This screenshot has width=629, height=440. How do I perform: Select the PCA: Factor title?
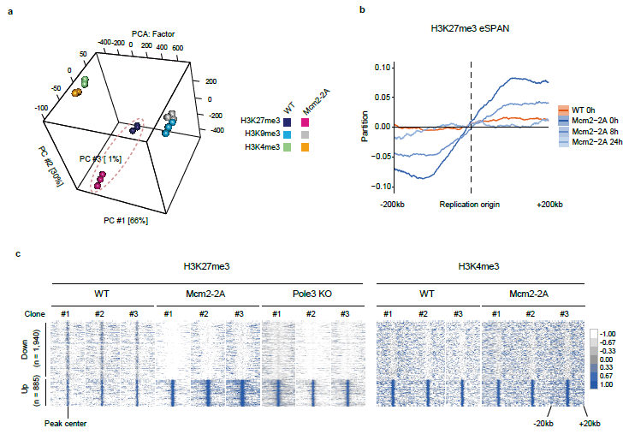[x=152, y=33]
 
